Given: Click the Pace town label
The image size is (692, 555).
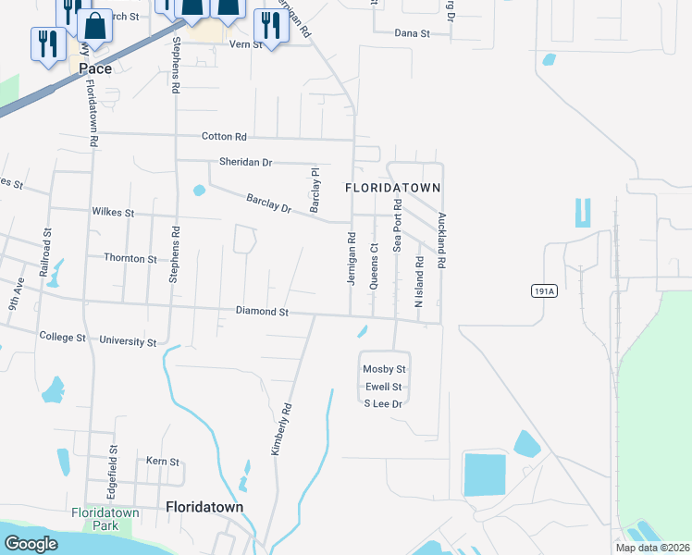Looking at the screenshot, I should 95,68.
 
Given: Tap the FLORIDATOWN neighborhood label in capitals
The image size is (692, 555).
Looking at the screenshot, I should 393,187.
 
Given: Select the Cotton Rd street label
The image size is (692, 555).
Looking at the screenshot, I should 224,136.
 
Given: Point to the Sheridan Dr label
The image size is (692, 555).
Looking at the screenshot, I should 246,162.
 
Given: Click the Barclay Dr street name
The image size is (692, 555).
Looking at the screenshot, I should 269,203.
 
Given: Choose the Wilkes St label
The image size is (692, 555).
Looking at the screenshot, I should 114,212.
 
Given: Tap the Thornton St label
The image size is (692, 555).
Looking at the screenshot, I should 130,259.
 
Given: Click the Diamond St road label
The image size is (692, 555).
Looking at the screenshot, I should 263,312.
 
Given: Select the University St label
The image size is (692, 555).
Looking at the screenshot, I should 128,341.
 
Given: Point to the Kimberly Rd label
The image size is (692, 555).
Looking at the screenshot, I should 281,428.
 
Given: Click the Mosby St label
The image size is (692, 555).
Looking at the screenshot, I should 385,369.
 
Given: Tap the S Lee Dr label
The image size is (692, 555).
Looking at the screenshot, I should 384,403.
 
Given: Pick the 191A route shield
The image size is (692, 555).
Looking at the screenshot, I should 546,291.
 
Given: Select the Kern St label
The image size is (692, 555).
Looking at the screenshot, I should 162,461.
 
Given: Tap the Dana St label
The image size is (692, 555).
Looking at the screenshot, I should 413,32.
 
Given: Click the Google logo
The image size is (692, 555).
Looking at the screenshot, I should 31,544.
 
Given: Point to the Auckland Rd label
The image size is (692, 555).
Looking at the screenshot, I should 442,240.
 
